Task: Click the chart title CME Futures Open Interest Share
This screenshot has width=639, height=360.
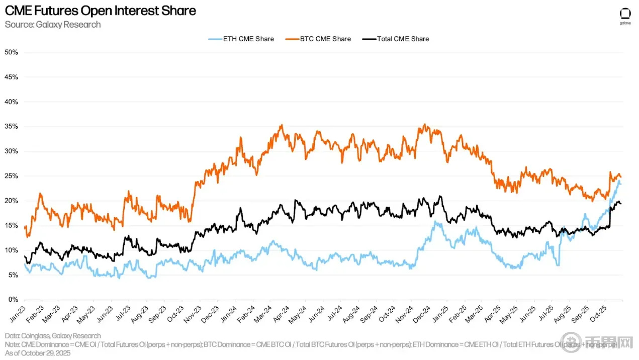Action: pyautogui.click(x=100, y=10)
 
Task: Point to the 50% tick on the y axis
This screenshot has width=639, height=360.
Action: pyautogui.click(x=11, y=52)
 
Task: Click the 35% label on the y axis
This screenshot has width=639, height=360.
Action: pyautogui.click(x=11, y=127)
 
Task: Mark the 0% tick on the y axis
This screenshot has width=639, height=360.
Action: pyautogui.click(x=13, y=300)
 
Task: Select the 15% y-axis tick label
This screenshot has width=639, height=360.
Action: pyautogui.click(x=11, y=226)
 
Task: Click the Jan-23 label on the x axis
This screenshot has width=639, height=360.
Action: pyautogui.click(x=18, y=314)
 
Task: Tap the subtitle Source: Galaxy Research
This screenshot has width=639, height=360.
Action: pyautogui.click(x=53, y=24)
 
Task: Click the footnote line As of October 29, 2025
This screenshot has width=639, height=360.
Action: pyautogui.click(x=38, y=352)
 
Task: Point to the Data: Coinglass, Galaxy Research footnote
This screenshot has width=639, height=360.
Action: pyautogui.click(x=53, y=335)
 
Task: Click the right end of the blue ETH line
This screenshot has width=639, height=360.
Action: pyautogui.click(x=620, y=184)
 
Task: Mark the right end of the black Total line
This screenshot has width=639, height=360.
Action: pyautogui.click(x=620, y=203)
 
